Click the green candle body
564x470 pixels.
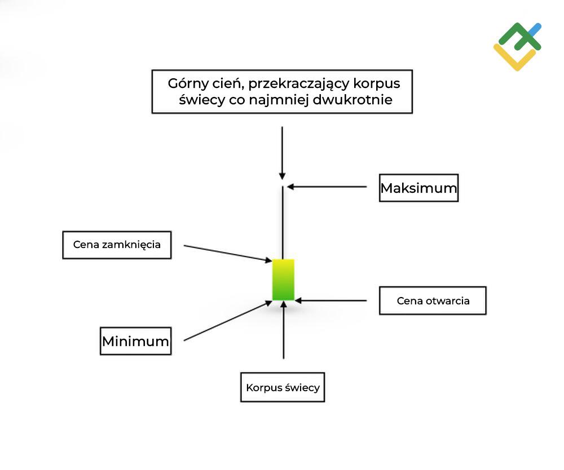283,280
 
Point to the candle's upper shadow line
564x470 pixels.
282,223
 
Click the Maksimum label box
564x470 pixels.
418,188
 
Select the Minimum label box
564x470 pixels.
135,340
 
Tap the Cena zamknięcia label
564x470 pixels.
117,245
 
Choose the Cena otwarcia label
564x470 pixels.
433,300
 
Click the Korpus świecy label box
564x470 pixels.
283,387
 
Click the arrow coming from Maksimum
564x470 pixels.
327,186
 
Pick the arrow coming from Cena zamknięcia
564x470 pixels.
226,253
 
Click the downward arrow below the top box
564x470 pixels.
282,152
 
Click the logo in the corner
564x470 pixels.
517,46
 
